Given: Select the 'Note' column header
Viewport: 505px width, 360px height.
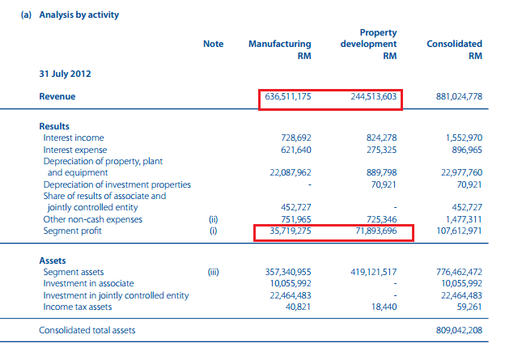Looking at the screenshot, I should (x=214, y=44).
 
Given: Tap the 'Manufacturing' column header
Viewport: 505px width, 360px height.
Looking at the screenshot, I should (x=280, y=44).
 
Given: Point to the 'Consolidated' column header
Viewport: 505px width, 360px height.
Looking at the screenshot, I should (x=454, y=44).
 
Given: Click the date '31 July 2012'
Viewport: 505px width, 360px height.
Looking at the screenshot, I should (x=66, y=74).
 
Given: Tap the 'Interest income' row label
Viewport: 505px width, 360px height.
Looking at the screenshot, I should (x=74, y=138).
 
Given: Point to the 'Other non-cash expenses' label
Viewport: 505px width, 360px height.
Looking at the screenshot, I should (x=93, y=218).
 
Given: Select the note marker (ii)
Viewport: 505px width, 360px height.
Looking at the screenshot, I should (x=214, y=218).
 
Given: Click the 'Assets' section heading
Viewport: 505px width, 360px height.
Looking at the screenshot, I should (x=53, y=261).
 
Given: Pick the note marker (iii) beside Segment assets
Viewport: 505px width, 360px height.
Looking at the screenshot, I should (x=214, y=273).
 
